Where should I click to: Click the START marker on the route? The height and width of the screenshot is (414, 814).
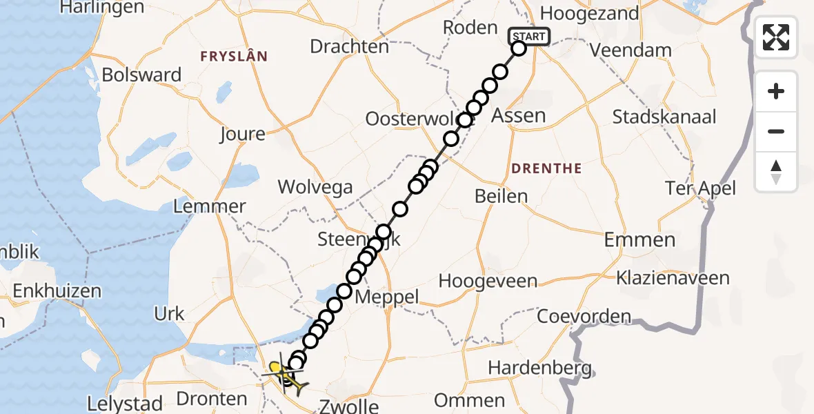(x=529, y=37)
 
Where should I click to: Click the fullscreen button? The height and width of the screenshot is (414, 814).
(x=776, y=37)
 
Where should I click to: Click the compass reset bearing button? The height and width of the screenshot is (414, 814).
(x=776, y=172)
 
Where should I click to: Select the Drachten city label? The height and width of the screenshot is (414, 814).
(x=350, y=46)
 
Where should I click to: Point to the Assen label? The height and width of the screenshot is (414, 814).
(x=518, y=115)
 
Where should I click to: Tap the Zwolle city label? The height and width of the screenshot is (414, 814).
(x=348, y=406)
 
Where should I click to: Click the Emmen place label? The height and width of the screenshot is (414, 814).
(x=639, y=240)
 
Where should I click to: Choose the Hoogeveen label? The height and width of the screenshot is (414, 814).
(x=488, y=281)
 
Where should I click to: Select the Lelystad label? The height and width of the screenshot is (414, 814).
(x=126, y=404)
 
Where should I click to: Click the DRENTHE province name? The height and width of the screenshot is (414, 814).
(x=546, y=168)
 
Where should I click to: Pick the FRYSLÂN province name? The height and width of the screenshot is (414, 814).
(x=234, y=56)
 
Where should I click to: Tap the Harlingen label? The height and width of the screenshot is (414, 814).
(x=102, y=8)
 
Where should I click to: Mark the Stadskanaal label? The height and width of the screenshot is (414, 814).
(x=664, y=116)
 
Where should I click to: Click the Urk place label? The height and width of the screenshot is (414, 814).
(x=170, y=314)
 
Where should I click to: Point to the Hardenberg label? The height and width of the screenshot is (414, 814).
(x=539, y=368)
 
